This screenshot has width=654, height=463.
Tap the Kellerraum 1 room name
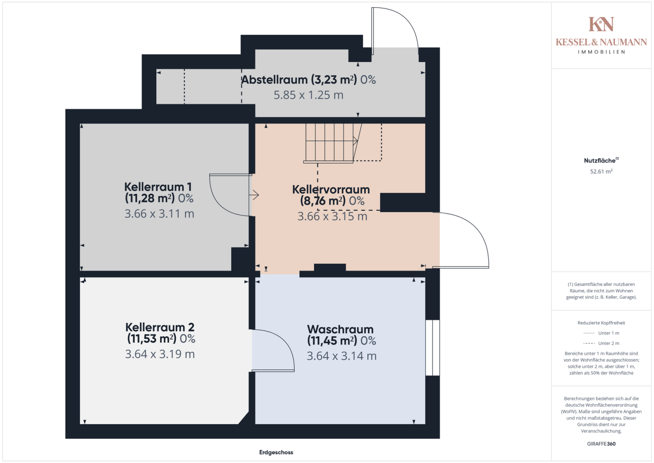[158, 187]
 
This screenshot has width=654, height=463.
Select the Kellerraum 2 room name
[160, 327]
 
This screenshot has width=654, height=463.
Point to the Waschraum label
[340, 329]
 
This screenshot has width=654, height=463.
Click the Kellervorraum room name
[331, 189]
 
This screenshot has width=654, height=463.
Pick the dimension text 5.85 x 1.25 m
[308, 95]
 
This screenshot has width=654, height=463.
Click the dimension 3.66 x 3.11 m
[160, 213]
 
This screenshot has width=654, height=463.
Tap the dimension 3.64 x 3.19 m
[160, 354]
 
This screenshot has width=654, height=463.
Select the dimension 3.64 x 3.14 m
[342, 356]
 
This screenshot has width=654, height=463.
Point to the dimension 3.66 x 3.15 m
[332, 216]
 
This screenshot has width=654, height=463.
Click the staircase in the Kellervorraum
[333, 143]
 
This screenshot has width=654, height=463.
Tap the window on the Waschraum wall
[433, 348]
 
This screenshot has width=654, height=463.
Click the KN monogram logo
[601, 24]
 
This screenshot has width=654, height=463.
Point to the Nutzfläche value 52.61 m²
[601, 171]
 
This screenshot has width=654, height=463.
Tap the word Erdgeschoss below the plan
[276, 452]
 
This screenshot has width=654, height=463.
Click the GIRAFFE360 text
[601, 444]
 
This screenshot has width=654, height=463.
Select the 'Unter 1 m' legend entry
[601, 333]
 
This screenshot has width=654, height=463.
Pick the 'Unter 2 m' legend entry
[601, 343]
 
